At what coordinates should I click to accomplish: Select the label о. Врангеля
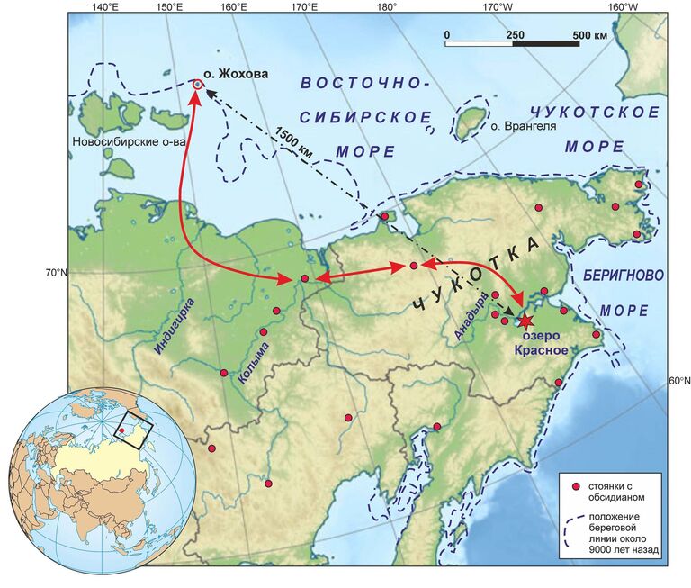click(522, 127)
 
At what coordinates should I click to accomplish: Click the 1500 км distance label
click(297, 139)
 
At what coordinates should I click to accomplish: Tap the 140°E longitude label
click(105, 7)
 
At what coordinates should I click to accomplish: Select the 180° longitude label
click(387, 7)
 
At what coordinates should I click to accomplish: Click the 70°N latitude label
click(50, 273)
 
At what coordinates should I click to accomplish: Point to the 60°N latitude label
click(678, 381)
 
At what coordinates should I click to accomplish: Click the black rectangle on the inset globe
click(135, 424)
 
